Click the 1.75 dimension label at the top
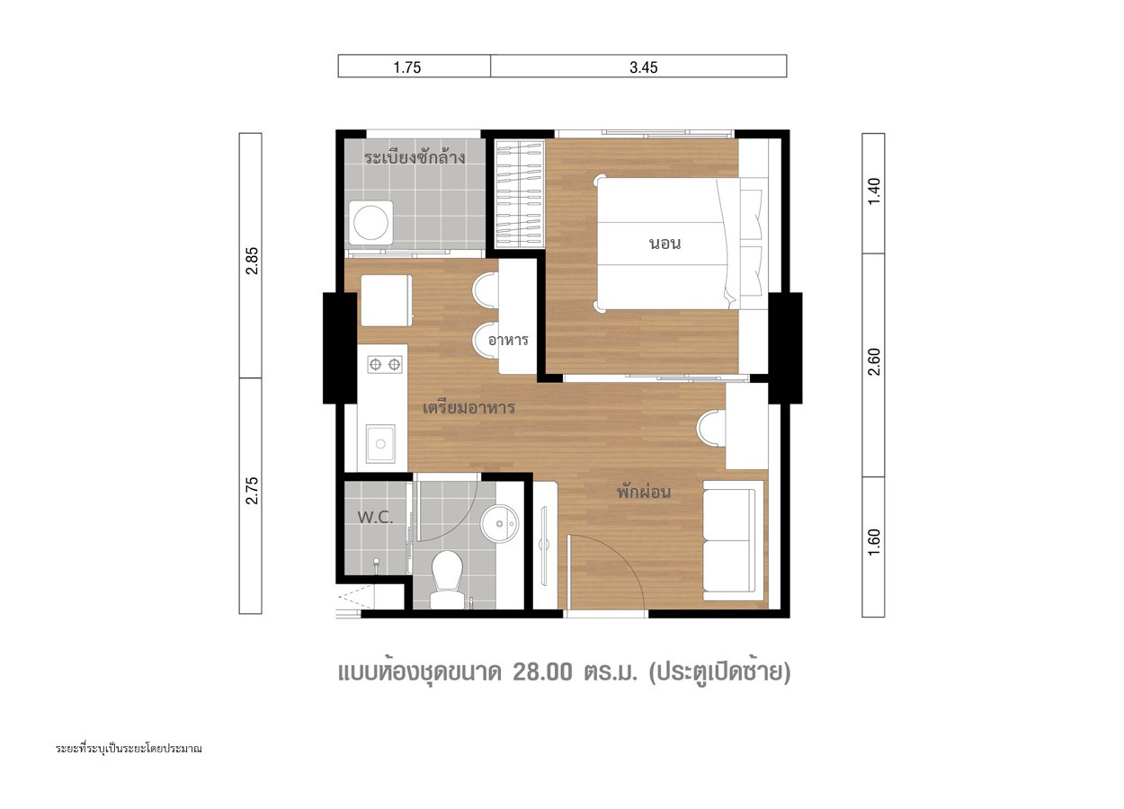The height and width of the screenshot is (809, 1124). coord(407,67)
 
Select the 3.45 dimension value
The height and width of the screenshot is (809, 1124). coord(643,67)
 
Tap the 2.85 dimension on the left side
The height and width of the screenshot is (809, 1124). coord(252,261)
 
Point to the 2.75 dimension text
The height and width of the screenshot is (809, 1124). coord(252,490)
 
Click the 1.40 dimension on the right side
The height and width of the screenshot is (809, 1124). coord(874,191)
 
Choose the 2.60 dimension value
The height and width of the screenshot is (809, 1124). coord(874,361)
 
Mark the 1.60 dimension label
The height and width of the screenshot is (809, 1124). coord(874,542)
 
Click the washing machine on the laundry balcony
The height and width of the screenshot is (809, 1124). coord(370,223)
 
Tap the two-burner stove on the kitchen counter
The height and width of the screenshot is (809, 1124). coord(385,364)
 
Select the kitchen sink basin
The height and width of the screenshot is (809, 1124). coord(380,443)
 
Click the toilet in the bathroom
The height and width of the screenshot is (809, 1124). coord(447,579)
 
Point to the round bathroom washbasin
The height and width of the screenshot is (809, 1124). coord(499,524)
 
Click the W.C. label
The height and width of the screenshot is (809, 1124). coord(375,517)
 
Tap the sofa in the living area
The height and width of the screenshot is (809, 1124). coord(733,540)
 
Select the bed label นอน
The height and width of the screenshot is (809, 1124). coord(665,244)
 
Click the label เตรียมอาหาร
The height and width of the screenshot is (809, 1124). coord(468,407)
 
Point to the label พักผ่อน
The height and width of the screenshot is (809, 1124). coord(643,492)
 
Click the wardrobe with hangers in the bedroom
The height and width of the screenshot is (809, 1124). coord(520,194)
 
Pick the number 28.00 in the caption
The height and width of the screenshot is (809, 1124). coord(542,672)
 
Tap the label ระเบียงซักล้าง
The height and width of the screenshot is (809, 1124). coord(415,156)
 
